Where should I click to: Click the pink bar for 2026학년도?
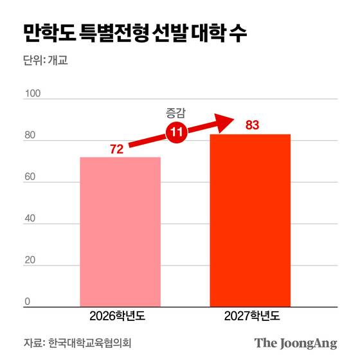(x=120, y=232)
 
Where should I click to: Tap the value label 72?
(x=116, y=149)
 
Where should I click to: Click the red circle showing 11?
(x=175, y=133)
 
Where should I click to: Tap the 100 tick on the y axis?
(x=32, y=94)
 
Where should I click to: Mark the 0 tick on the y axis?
(x=28, y=302)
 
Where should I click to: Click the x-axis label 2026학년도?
(x=120, y=316)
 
